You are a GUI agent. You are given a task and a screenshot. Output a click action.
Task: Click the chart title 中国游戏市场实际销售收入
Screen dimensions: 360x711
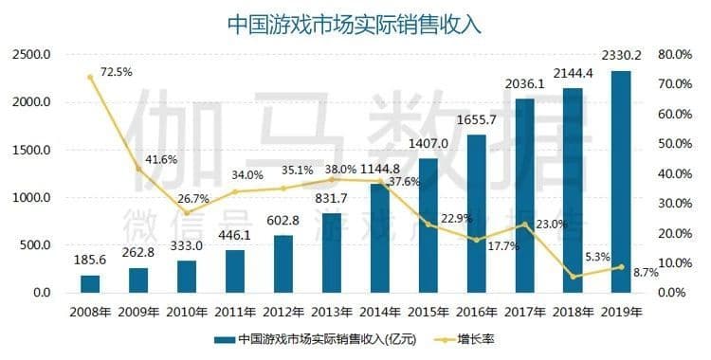click(355, 24)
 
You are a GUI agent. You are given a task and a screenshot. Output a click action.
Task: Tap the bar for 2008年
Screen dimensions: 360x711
click(90, 284)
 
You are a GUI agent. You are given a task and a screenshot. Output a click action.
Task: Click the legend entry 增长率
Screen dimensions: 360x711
click(476, 338)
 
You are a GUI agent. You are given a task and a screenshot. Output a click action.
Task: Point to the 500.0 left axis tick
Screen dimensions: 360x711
click(34, 244)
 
